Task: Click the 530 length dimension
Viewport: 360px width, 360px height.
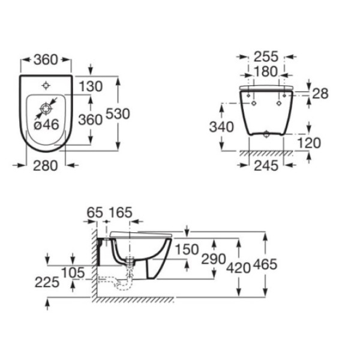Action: (x=118, y=114)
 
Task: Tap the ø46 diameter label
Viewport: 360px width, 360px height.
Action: (x=47, y=125)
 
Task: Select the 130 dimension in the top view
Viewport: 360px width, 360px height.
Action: (x=91, y=86)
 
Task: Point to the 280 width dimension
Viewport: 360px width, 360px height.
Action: (x=45, y=166)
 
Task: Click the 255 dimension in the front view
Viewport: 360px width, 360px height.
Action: (x=266, y=57)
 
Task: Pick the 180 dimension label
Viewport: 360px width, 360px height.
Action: (x=266, y=71)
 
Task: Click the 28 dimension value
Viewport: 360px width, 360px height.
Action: (x=320, y=94)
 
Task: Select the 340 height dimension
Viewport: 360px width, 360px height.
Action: (x=221, y=127)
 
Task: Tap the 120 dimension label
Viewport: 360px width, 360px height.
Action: (x=309, y=143)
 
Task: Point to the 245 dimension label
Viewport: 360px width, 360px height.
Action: (x=266, y=166)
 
